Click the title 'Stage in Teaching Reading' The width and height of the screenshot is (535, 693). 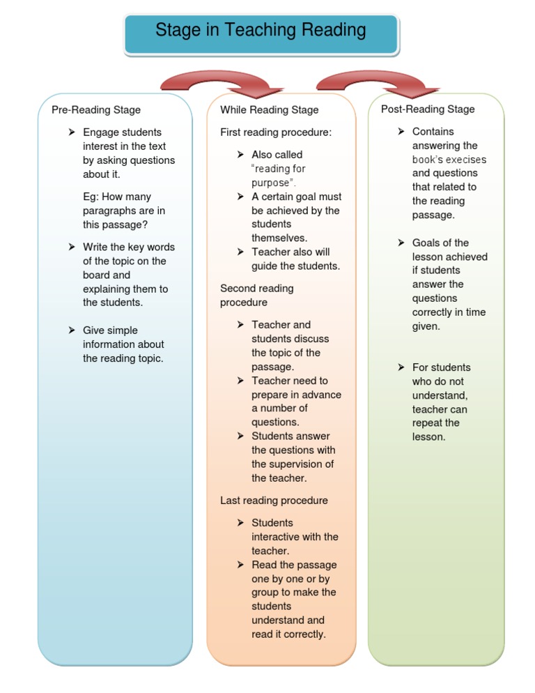261,31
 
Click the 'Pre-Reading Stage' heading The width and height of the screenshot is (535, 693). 96,110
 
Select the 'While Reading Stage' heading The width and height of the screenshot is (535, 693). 270,110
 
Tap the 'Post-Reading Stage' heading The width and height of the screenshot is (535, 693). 428,109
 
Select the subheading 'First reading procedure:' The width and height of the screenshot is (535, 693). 276,132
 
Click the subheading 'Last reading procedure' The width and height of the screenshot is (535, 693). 274,501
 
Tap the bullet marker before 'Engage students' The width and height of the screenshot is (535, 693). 72,132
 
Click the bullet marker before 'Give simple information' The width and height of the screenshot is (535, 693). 72,330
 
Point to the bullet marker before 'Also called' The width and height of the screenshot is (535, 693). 240,155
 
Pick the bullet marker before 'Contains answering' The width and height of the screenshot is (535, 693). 401,132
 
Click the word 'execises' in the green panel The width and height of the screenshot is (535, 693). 466,160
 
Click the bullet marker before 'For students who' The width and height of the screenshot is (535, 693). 401,367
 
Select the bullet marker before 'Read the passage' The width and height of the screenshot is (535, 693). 240,565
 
